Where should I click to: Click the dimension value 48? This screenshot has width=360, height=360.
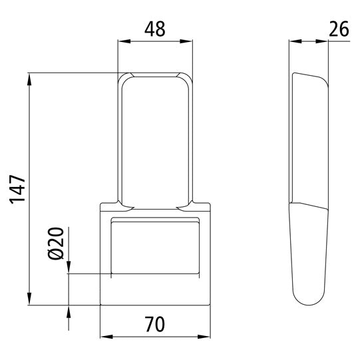click(x=154, y=29)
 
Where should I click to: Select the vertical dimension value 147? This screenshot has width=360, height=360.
click(x=17, y=190)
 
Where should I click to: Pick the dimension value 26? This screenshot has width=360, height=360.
click(x=339, y=29)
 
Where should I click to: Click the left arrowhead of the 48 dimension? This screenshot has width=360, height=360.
click(x=122, y=42)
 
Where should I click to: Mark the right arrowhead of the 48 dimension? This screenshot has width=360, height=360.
click(x=189, y=42)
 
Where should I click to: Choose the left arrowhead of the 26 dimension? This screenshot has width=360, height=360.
click(x=293, y=42)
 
